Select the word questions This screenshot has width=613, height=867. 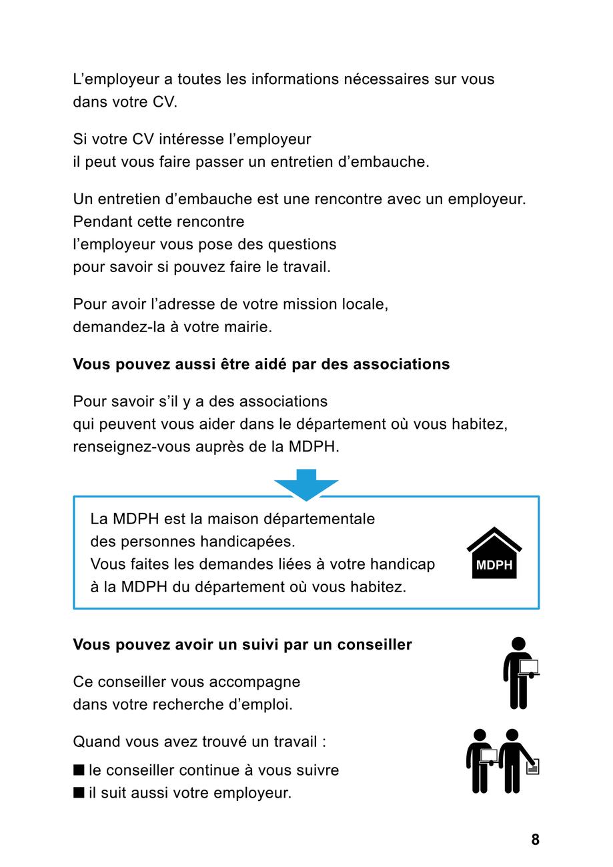pos(303,244)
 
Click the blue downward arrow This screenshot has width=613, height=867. pos(306,484)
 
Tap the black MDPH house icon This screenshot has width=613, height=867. pos(494,554)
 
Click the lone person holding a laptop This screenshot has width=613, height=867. pos(520,672)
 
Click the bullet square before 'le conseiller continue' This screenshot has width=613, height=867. pos(79,770)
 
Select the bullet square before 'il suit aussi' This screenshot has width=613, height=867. pos(79,793)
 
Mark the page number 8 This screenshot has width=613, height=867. pos(535,840)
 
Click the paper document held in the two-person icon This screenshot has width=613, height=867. pos(532,768)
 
